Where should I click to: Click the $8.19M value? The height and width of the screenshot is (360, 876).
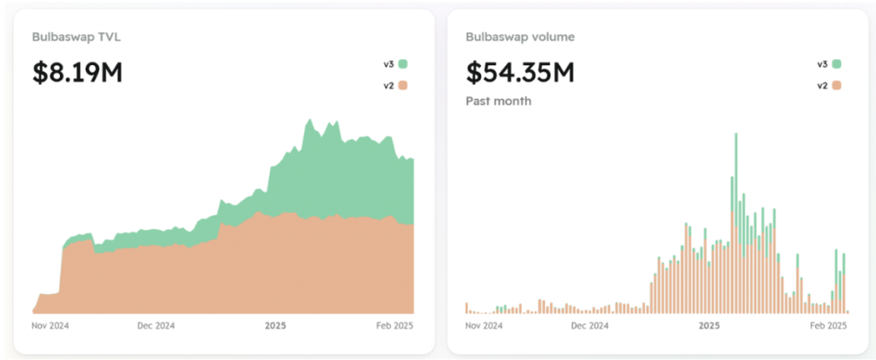pyautogui.click(x=78, y=73)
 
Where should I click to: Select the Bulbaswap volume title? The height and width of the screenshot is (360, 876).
pyautogui.click(x=520, y=37)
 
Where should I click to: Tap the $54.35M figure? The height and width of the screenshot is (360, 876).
pyautogui.click(x=520, y=73)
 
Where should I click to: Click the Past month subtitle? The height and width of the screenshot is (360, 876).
pyautogui.click(x=499, y=101)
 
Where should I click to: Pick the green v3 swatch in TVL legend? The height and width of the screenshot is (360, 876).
pyautogui.click(x=402, y=63)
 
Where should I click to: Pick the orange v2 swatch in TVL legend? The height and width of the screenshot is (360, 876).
pyautogui.click(x=402, y=85)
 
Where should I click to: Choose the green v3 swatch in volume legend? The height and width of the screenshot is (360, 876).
pyautogui.click(x=837, y=63)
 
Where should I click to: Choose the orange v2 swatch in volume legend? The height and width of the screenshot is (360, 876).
pyautogui.click(x=837, y=85)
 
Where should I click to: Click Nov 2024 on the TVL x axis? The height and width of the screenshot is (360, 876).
pyautogui.click(x=50, y=326)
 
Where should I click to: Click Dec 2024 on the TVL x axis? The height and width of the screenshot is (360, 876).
pyautogui.click(x=157, y=326)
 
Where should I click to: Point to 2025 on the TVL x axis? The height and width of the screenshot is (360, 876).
pyautogui.click(x=275, y=326)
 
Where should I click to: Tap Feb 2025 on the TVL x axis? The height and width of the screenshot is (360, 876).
pyautogui.click(x=394, y=326)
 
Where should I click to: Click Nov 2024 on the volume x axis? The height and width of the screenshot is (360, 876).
pyautogui.click(x=484, y=326)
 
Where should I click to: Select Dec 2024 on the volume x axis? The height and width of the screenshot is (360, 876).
pyautogui.click(x=590, y=326)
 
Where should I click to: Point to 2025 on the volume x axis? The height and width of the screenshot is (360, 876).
pyautogui.click(x=709, y=326)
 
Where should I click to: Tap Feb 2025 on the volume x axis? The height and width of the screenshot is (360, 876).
pyautogui.click(x=827, y=326)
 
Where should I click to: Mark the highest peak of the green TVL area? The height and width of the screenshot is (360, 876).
pyautogui.click(x=308, y=121)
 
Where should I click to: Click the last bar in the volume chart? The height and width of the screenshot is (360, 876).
pyautogui.click(x=848, y=311)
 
